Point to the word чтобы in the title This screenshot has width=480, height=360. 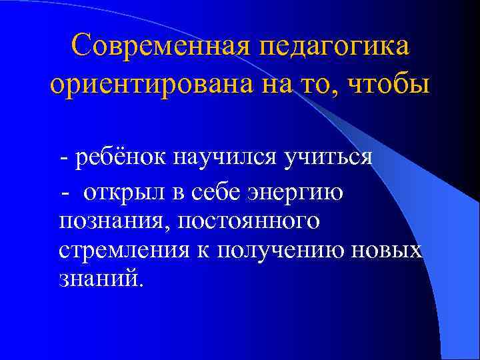tap(394, 86)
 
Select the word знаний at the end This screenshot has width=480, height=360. tap(100, 277)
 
